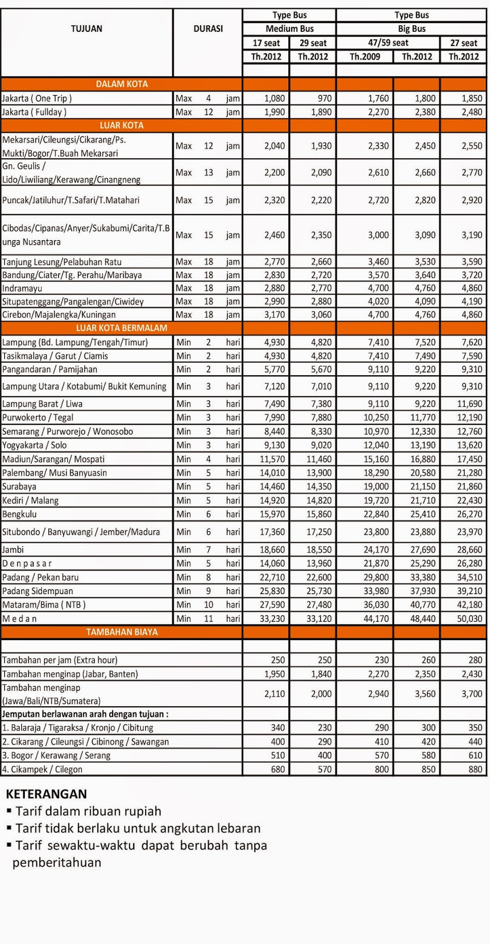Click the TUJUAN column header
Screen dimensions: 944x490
(87, 29)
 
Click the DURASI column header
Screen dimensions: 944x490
(208, 29)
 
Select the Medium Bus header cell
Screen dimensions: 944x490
(290, 29)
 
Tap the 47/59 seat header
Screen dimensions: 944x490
(387, 43)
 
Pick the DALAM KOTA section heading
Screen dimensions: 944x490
(121, 84)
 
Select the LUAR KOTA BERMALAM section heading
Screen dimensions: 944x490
(121, 328)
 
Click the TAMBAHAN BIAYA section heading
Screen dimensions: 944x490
(121, 632)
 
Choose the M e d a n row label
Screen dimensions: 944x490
(19, 618)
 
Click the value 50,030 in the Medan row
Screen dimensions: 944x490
(468, 619)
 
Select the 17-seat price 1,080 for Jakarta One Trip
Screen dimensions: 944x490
(275, 99)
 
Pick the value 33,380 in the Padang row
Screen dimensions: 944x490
(423, 577)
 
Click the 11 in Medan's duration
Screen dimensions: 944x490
(209, 618)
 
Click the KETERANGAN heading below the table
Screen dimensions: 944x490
(47, 794)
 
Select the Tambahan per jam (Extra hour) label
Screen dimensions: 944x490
(60, 660)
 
